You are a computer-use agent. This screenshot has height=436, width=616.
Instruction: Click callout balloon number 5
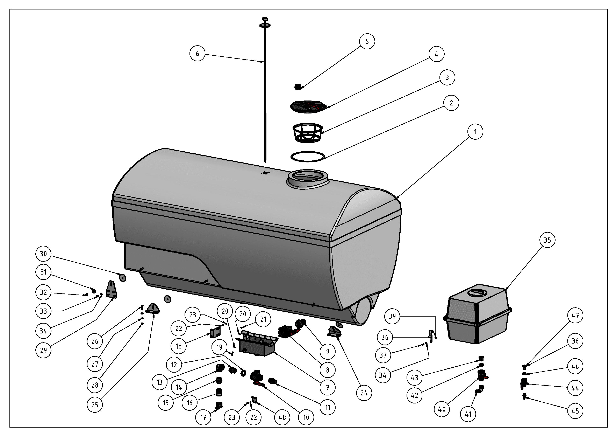point(367,41)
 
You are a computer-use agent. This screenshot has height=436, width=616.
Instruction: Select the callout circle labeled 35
point(547,240)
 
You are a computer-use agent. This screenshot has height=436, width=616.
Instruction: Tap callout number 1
point(475,132)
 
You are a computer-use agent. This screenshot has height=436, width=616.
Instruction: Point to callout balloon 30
point(43,254)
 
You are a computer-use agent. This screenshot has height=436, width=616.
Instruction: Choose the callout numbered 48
point(282,417)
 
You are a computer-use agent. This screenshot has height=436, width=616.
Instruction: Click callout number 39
point(392,316)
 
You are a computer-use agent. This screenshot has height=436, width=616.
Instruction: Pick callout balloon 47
point(575,315)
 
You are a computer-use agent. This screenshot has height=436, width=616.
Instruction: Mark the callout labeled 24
point(364,393)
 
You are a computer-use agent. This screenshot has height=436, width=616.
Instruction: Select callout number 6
point(197,54)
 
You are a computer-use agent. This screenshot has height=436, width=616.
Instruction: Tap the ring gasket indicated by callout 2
point(308,157)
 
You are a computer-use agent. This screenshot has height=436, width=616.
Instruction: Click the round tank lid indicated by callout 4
point(309,106)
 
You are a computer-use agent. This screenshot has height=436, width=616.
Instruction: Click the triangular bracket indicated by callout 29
point(111,289)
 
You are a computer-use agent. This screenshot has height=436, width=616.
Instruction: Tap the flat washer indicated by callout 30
point(123,277)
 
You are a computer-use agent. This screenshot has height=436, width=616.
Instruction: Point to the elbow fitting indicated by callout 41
point(479,390)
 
